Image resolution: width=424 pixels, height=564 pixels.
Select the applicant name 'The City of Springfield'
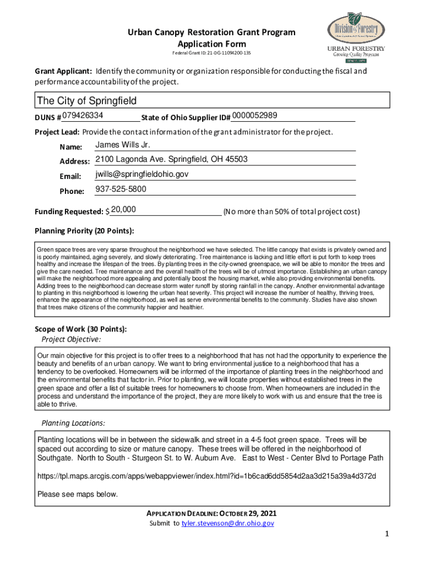point(86,101)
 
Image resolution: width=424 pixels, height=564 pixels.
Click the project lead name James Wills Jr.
point(123,145)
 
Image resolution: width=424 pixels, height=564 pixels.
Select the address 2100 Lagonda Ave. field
point(171,160)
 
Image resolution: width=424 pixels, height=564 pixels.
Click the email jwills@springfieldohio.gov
point(142,175)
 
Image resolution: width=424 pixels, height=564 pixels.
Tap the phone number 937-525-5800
point(121,189)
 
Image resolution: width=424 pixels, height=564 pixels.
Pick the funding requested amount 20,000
point(123,210)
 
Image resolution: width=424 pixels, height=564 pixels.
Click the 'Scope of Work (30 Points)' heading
point(80,329)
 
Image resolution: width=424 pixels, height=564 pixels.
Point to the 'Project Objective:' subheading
point(71,339)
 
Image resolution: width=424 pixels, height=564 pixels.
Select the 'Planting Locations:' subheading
point(73,423)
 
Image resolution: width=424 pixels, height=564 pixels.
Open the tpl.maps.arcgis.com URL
point(206,476)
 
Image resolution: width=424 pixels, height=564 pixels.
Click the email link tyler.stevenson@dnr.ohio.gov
point(227,523)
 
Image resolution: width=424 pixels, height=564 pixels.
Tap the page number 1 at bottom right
point(387,534)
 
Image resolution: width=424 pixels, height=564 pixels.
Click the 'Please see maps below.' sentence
point(77,494)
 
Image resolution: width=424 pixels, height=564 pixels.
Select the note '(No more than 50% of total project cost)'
point(291,211)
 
